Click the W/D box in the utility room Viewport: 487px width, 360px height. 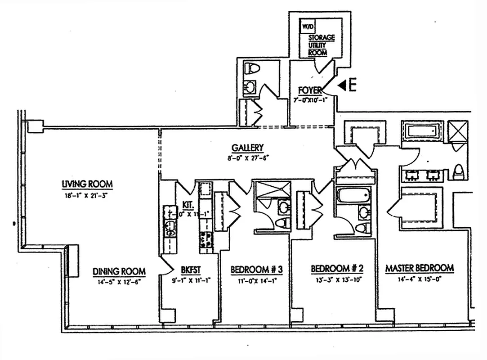[x=308, y=27]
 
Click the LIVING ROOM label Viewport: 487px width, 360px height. [x=87, y=184]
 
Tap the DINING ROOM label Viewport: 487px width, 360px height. [x=119, y=271]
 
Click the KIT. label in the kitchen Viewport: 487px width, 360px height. [x=188, y=205]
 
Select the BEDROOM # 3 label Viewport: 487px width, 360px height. [x=256, y=270]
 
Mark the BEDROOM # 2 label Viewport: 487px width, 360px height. [x=337, y=269]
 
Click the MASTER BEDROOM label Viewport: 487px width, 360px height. [x=420, y=268]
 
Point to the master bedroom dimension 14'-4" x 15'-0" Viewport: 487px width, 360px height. [x=420, y=279]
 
